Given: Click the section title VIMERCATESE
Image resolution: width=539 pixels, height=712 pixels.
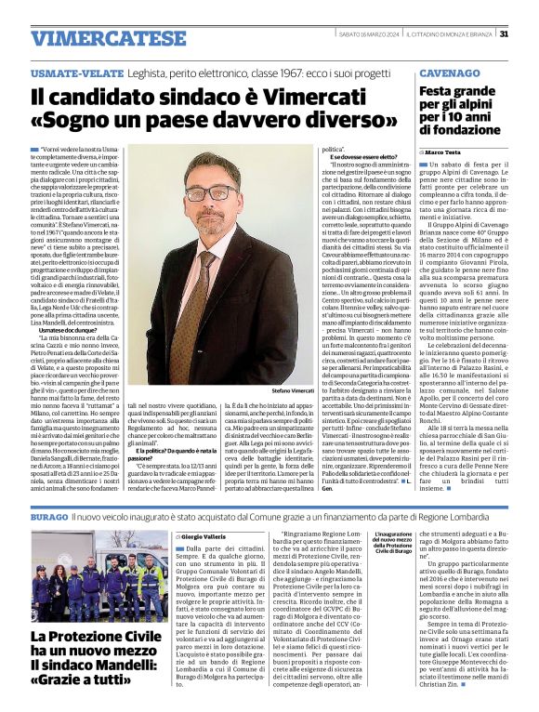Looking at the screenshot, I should point(96,38).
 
